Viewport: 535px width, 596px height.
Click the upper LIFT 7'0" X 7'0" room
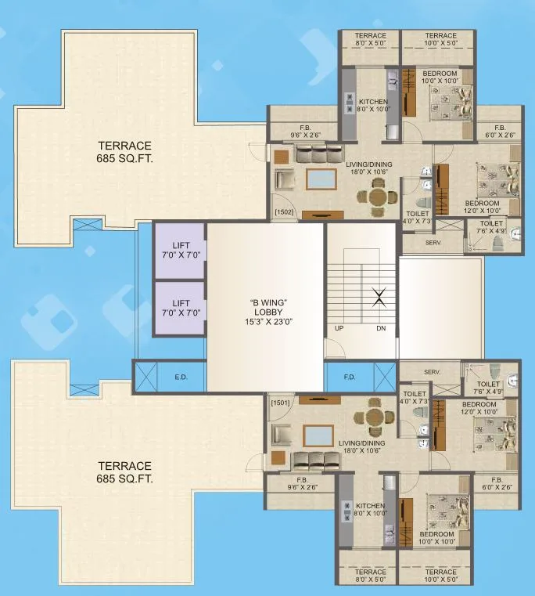(181, 251)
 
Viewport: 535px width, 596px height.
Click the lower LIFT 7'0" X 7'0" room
(181, 308)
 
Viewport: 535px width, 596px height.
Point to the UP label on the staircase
(339, 329)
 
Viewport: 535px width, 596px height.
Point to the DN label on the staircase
(380, 329)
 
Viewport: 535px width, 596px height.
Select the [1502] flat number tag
(282, 211)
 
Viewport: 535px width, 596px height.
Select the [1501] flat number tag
(279, 403)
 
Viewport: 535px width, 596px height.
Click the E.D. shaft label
(181, 377)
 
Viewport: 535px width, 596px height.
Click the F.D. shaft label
(351, 377)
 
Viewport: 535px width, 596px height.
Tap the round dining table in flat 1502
(379, 195)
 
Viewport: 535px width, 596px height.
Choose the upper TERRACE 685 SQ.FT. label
(125, 151)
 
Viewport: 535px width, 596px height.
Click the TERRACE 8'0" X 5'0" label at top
(371, 40)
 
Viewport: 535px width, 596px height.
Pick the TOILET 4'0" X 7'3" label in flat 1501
(415, 398)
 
